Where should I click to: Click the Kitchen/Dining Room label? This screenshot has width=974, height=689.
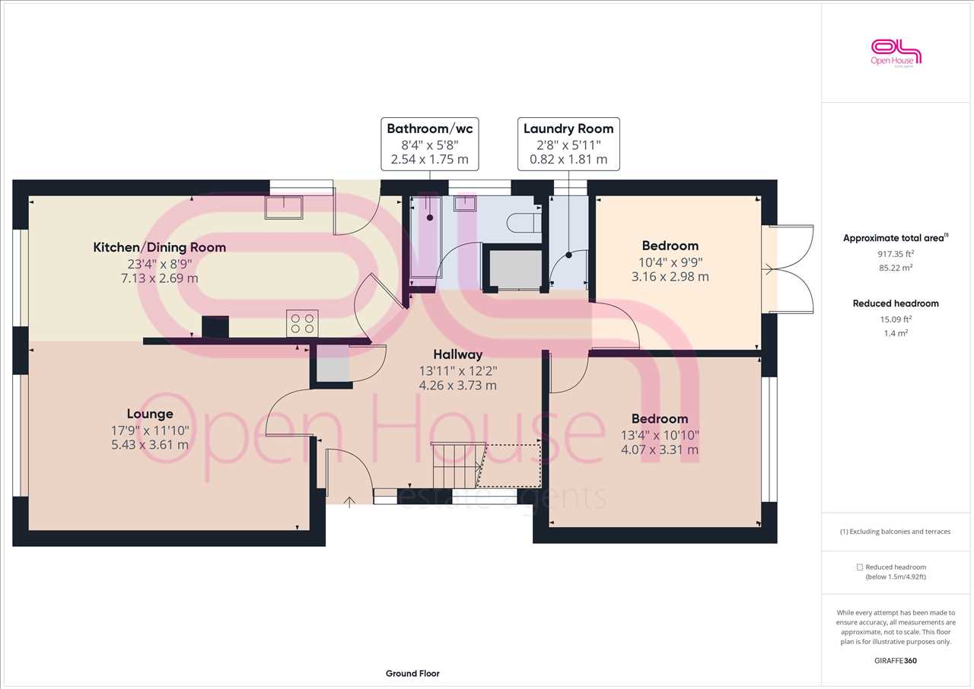(x=160, y=247)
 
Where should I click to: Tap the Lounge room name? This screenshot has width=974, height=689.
(x=150, y=414)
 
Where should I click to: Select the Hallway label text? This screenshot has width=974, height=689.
(x=458, y=354)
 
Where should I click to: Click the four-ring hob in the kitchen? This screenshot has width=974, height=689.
(x=302, y=324)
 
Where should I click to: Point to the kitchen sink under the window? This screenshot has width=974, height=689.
(x=284, y=207)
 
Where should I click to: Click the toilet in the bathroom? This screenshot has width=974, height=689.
(x=524, y=221)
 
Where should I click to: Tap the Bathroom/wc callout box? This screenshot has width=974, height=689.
(x=430, y=144)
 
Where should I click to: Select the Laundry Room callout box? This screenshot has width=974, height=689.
(x=568, y=144)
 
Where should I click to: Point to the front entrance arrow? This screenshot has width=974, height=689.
(x=349, y=502)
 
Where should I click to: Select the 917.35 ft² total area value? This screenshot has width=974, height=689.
(x=896, y=254)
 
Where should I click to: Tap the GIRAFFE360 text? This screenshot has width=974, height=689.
(x=896, y=661)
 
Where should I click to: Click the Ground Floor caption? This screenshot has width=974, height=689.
(x=412, y=673)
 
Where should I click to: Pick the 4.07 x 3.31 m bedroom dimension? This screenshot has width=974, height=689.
(x=660, y=449)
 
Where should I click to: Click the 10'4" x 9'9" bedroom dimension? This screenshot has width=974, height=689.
(x=670, y=262)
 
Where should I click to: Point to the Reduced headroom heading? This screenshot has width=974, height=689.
(x=896, y=303)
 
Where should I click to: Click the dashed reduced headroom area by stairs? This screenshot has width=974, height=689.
(x=510, y=465)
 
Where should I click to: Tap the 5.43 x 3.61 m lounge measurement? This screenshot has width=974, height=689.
(x=150, y=445)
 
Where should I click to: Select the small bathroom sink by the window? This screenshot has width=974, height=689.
(x=465, y=203)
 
